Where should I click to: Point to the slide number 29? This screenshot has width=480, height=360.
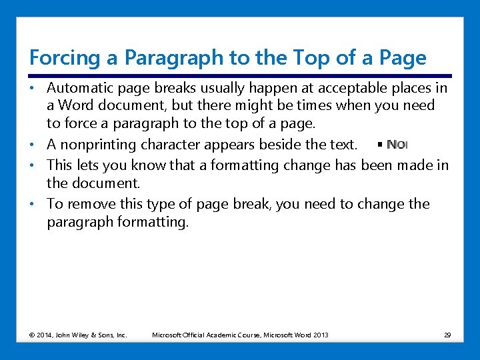(447, 335)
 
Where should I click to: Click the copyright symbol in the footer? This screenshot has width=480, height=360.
(31, 335)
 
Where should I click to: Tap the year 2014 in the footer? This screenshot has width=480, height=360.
(44, 335)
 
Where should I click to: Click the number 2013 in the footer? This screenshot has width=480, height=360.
(319, 335)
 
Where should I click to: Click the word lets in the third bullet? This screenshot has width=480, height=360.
(85, 165)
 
